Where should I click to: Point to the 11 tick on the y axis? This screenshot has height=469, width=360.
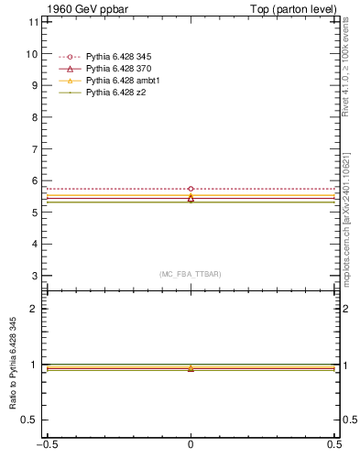click(33, 22)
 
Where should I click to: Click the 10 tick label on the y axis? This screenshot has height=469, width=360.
click(33, 54)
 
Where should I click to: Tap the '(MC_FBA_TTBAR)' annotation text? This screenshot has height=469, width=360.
click(191, 274)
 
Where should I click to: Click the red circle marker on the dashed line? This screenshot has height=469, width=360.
click(191, 189)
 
